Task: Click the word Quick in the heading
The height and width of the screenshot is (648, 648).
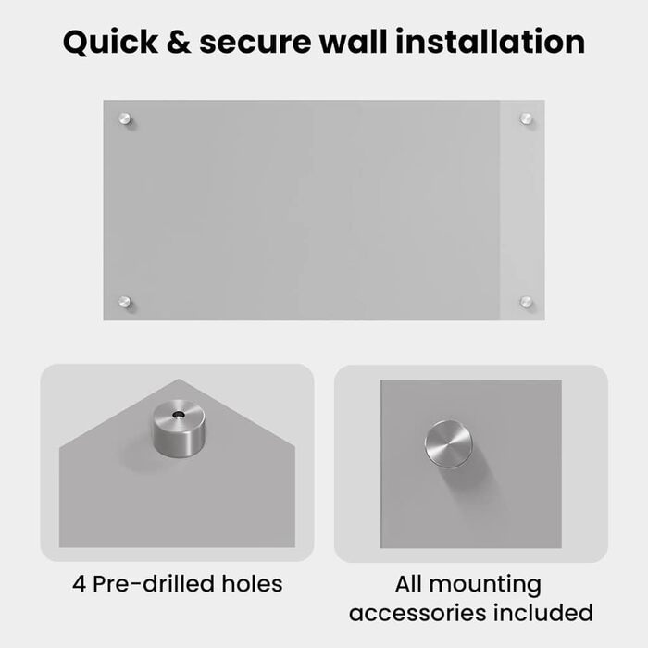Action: coord(110,43)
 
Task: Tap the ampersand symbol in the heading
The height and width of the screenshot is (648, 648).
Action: coord(179,42)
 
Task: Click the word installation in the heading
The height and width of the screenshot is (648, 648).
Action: coord(490,42)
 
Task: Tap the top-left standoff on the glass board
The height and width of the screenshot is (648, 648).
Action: coord(125,119)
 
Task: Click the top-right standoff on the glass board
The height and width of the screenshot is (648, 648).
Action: coord(526,119)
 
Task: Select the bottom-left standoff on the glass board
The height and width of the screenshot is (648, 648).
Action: coord(125,302)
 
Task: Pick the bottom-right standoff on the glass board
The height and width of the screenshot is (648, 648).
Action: coord(526,302)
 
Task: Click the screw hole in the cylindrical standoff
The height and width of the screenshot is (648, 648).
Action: coord(179,414)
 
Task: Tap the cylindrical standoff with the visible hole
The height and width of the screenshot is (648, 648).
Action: coord(179,429)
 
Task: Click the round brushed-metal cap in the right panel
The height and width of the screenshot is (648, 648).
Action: coord(449,444)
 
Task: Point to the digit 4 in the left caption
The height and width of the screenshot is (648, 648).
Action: coord(79,584)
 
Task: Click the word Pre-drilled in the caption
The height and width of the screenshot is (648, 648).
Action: coord(154,583)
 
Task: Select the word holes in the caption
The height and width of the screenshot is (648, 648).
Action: coord(252,583)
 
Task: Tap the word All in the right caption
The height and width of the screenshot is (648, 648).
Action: coord(409,583)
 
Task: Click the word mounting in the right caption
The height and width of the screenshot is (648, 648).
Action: coord(485,586)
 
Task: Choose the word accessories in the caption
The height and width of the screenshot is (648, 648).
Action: coord(417,613)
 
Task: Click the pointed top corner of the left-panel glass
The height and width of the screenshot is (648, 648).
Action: coord(179,380)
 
